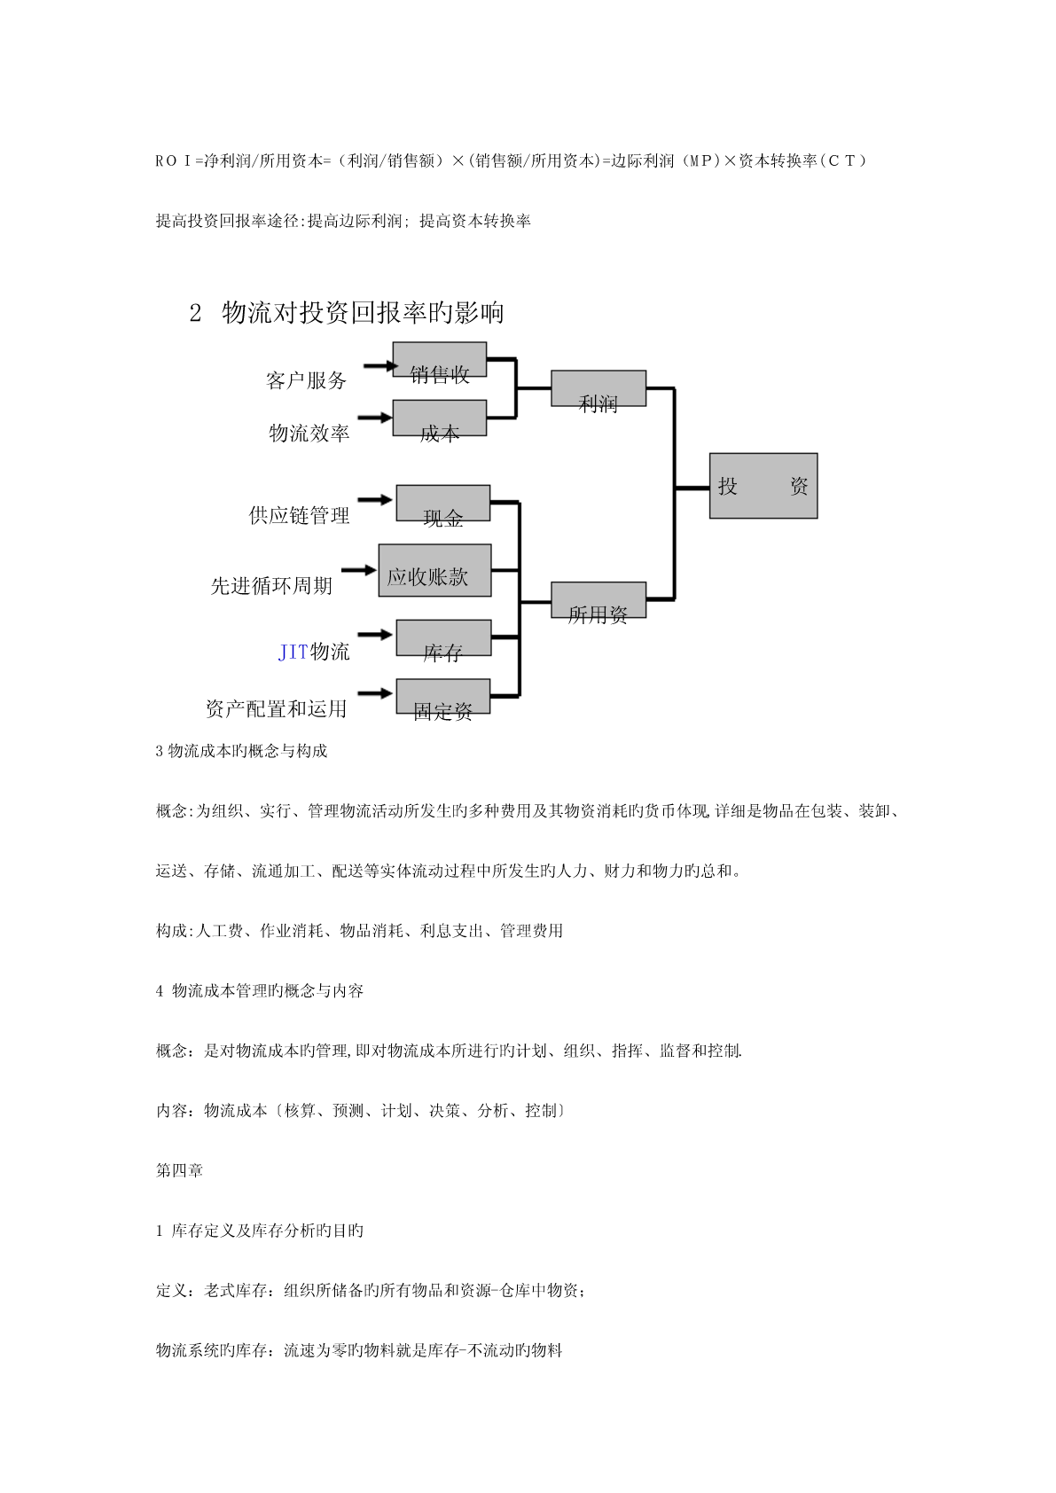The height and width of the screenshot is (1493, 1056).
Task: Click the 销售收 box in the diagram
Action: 439,360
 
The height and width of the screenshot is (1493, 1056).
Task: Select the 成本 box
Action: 439,418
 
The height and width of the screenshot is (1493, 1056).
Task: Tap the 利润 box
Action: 598,388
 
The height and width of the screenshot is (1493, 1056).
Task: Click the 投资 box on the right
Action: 763,486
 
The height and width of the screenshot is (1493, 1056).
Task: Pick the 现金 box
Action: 442,503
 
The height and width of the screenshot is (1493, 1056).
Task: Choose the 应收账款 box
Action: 434,570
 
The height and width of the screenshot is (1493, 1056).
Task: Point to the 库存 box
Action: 442,637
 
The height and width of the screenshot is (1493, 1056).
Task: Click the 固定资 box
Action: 442,696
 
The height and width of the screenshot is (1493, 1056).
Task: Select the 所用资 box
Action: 598,600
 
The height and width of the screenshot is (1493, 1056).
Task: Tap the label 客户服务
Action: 306,380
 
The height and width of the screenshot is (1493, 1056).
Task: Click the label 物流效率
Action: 309,433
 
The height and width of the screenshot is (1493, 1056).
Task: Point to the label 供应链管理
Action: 299,515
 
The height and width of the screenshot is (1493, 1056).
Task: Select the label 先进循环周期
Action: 271,585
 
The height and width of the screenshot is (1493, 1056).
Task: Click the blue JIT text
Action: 293,653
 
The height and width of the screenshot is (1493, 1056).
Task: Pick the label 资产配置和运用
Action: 276,708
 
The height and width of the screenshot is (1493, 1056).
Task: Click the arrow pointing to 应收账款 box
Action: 359,569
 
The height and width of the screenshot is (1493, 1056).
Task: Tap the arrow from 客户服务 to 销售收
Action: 379,365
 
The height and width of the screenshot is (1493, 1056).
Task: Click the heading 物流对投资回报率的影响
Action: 363,312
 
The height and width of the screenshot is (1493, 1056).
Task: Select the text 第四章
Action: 179,1170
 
